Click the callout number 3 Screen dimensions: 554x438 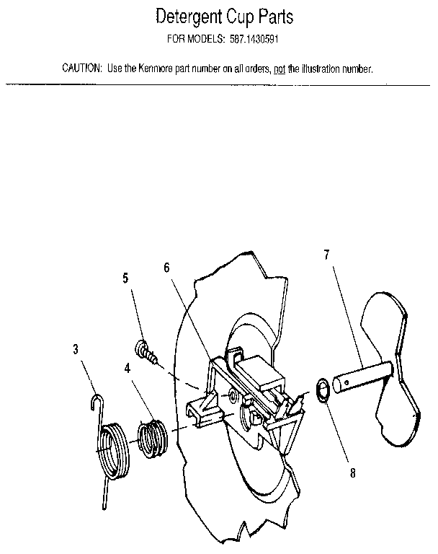point(76,350)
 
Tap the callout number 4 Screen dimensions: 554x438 point(127,367)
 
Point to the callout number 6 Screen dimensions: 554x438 point(166,267)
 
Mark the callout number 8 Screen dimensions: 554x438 point(352,475)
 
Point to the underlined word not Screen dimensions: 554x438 point(280,69)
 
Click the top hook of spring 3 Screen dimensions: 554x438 point(97,401)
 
